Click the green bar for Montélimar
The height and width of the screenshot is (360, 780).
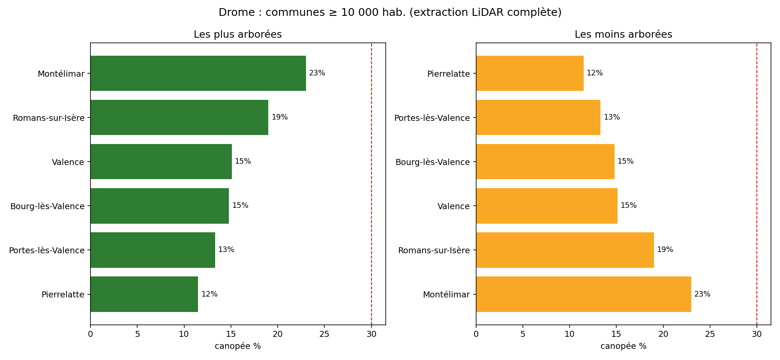(x=198, y=73)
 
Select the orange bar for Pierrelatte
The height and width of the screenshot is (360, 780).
(x=530, y=73)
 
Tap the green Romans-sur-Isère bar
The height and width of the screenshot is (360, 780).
(x=179, y=117)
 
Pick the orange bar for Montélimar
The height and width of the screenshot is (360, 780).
(x=584, y=294)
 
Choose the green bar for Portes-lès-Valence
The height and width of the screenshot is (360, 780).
(x=153, y=250)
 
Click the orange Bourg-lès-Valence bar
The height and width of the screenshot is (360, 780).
(x=545, y=162)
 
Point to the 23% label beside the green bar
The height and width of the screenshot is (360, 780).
(x=317, y=73)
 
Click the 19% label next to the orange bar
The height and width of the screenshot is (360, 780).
(x=665, y=250)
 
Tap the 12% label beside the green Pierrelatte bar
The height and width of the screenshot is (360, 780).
(x=210, y=294)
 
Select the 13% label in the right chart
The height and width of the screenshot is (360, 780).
(x=612, y=117)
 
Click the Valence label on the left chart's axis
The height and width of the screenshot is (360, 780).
(x=68, y=162)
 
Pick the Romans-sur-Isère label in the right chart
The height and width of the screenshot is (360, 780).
(x=434, y=250)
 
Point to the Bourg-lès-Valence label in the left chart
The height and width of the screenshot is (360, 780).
(x=48, y=206)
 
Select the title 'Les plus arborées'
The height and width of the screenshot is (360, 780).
(x=238, y=34)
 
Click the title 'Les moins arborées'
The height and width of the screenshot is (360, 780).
(x=624, y=34)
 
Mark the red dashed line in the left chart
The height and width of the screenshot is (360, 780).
(x=372, y=184)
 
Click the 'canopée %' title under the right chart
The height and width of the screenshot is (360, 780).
(x=624, y=346)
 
